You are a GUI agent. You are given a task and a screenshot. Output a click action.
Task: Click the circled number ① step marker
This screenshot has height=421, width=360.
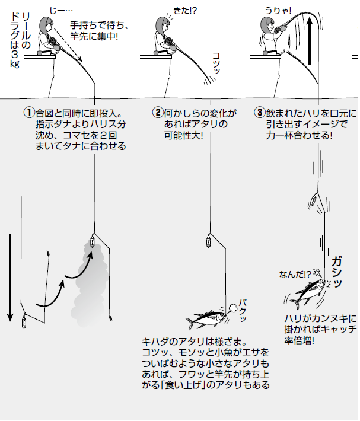click(28, 111)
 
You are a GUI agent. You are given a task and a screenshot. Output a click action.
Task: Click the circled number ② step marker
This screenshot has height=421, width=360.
click(157, 111)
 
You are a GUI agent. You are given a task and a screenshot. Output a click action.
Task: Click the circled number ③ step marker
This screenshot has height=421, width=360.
click(259, 111)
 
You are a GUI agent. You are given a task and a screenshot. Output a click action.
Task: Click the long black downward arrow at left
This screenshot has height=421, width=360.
click(10, 276)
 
